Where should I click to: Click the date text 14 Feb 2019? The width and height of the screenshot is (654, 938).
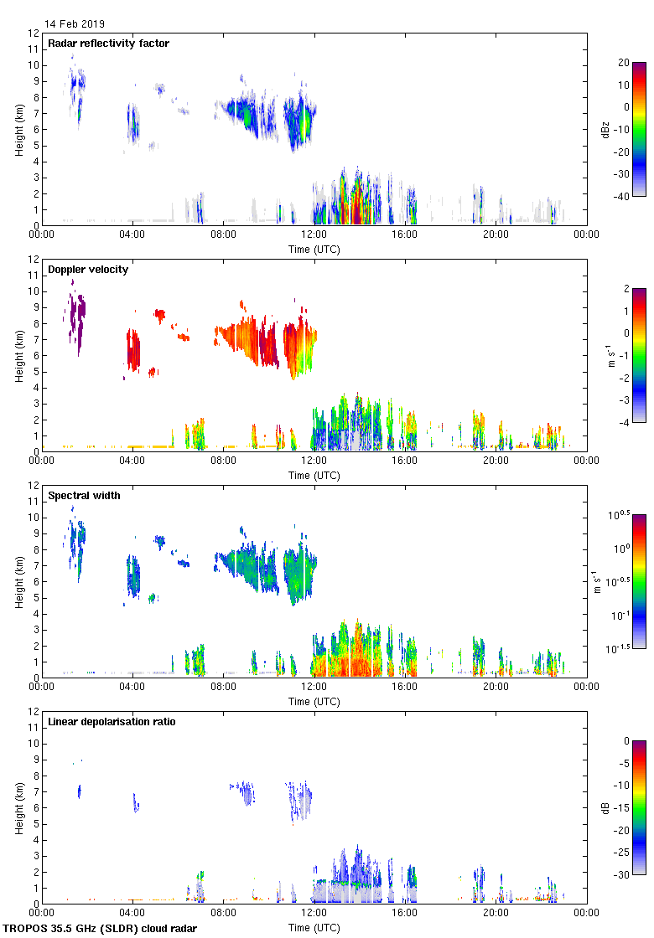(75, 24)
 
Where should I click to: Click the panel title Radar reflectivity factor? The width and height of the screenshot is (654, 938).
(108, 43)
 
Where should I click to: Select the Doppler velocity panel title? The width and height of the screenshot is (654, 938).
(88, 269)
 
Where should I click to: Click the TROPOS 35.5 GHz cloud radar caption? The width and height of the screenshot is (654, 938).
(101, 928)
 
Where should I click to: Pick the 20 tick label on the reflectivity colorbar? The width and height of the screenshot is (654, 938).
(623, 63)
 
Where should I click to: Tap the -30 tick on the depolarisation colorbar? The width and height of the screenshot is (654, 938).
(623, 875)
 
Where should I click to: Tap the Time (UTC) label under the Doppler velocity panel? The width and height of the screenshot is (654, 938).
(314, 475)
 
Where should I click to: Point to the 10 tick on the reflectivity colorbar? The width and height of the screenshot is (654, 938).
(623, 85)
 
